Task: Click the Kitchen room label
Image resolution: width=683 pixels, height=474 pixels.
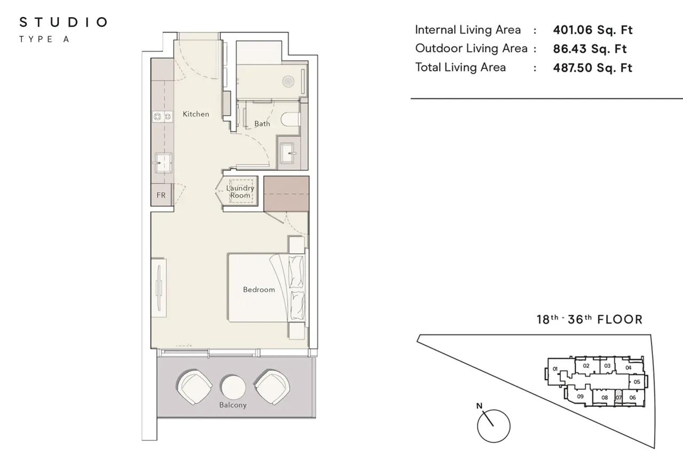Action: pyautogui.click(x=196, y=114)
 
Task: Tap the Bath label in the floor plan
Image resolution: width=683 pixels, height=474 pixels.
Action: pyautogui.click(x=262, y=123)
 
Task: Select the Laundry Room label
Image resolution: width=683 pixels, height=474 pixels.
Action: pyautogui.click(x=240, y=192)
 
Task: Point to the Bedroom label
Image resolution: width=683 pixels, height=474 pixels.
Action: pyautogui.click(x=259, y=289)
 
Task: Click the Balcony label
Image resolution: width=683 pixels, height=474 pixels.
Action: pyautogui.click(x=233, y=405)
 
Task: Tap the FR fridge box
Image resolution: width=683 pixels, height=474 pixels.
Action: pyautogui.click(x=161, y=195)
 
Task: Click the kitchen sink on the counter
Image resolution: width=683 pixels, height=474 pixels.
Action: pyautogui.click(x=163, y=163)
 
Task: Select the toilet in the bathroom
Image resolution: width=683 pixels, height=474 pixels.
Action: pyautogui.click(x=290, y=119)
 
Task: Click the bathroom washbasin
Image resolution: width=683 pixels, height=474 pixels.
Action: pyautogui.click(x=288, y=153)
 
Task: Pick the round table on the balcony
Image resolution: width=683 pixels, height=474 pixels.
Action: pyautogui.click(x=233, y=388)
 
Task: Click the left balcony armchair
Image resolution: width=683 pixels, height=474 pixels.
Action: pyautogui.click(x=194, y=387)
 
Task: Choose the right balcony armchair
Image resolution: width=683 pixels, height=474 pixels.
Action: pyautogui.click(x=272, y=387)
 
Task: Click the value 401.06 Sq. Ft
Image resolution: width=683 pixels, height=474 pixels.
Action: pyautogui.click(x=593, y=30)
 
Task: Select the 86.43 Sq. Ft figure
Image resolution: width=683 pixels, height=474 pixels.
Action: pyautogui.click(x=590, y=49)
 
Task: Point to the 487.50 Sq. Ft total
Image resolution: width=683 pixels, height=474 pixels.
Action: pyautogui.click(x=593, y=68)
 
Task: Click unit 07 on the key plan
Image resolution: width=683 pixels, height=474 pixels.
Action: pyautogui.click(x=618, y=398)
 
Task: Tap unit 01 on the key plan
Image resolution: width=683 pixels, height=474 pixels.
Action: pyautogui.click(x=555, y=369)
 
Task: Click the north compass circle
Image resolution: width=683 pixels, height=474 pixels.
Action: pyautogui.click(x=494, y=426)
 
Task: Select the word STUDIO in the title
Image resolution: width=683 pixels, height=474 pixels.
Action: pyautogui.click(x=63, y=22)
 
